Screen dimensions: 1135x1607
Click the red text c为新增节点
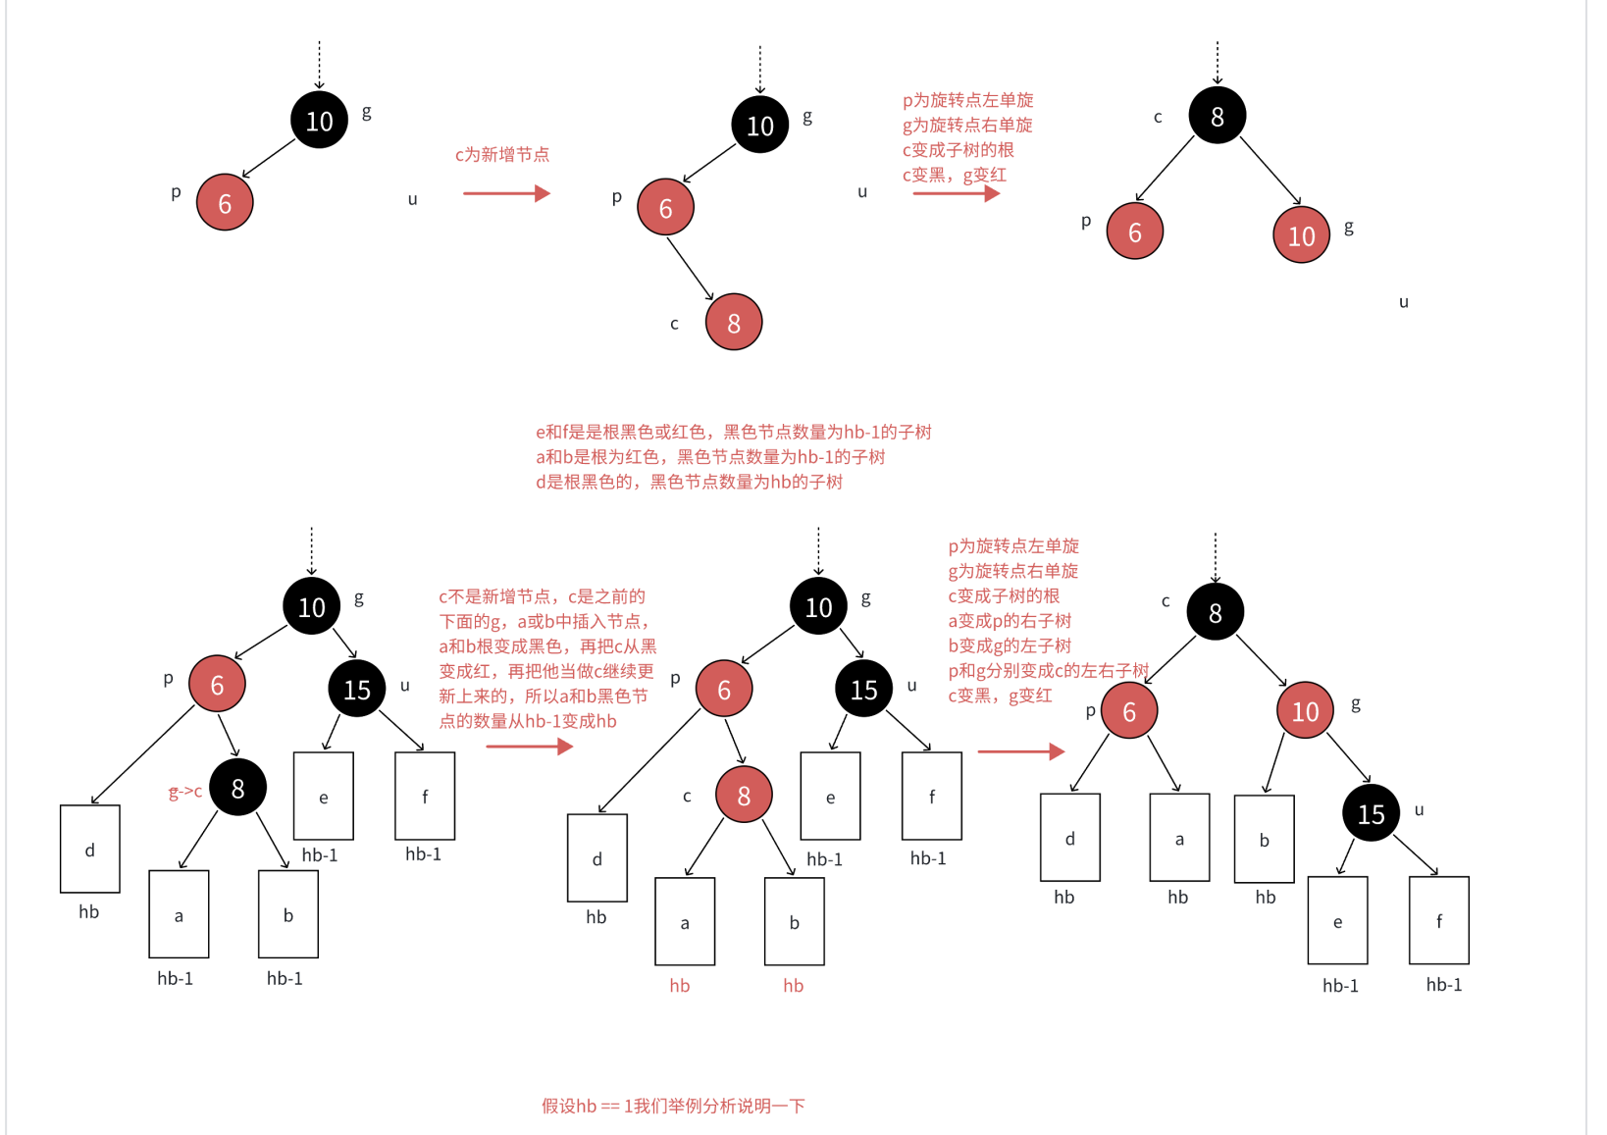pyautogui.click(x=501, y=155)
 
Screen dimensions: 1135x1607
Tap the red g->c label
pyautogui.click(x=184, y=792)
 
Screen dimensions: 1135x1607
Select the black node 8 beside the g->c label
pyautogui.click(x=237, y=788)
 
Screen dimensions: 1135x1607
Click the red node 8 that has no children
pyautogui.click(x=733, y=323)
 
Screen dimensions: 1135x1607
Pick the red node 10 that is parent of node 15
pyautogui.click(x=1305, y=711)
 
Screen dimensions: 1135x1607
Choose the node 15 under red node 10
pyautogui.click(x=1371, y=813)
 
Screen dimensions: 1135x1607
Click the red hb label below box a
pyautogui.click(x=680, y=986)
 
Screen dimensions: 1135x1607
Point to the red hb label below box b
pyautogui.click(x=793, y=986)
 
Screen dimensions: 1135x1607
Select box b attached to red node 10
pyautogui.click(x=1264, y=840)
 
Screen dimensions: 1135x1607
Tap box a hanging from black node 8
pyautogui.click(x=179, y=914)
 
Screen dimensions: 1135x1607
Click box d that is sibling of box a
pyautogui.click(x=1069, y=838)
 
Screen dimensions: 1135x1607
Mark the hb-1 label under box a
pyautogui.click(x=176, y=978)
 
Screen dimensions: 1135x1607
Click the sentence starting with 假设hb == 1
pyautogui.click(x=673, y=1106)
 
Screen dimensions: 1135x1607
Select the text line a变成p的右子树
pyautogui.click(x=1010, y=621)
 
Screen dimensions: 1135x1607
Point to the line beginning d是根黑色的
pyautogui.click(x=689, y=482)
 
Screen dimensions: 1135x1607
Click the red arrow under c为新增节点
pyautogui.click(x=505, y=193)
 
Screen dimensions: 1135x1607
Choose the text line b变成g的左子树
pyautogui.click(x=1010, y=645)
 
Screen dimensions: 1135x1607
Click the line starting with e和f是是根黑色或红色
pyautogui.click(x=733, y=432)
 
